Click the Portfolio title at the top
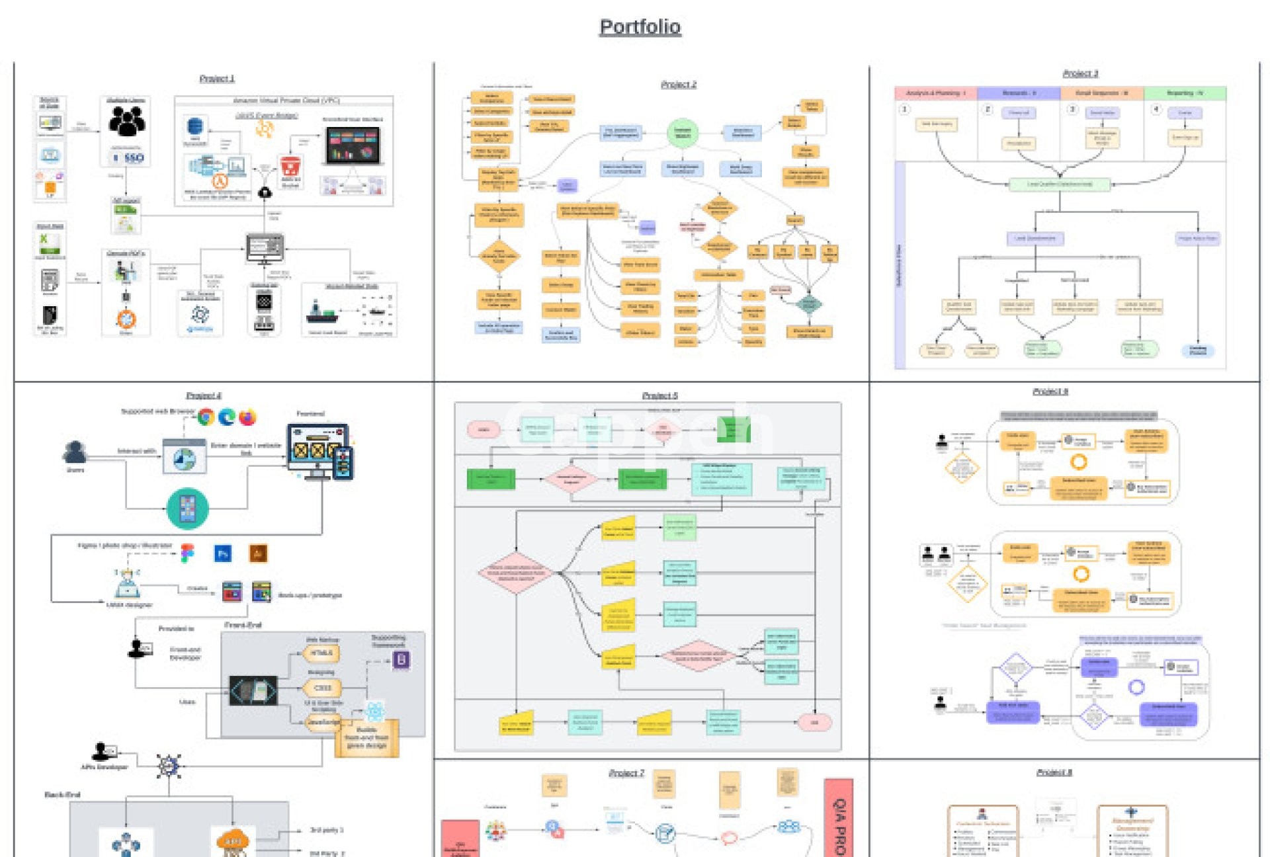(640, 27)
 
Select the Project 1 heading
(217, 79)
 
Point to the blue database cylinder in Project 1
(194, 126)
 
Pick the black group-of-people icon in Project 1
(127, 121)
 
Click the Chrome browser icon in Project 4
(206, 417)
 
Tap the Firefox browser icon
(247, 417)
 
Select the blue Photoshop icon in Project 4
(223, 553)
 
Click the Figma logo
(188, 553)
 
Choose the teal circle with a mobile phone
(188, 509)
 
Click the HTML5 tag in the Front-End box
(321, 653)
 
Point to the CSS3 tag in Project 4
(321, 688)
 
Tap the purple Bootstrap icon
(402, 660)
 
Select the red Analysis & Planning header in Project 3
(935, 93)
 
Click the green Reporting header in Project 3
(1185, 93)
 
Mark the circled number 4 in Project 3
(1156, 109)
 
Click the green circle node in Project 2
(682, 132)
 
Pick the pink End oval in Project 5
(814, 722)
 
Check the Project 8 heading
(1054, 772)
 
